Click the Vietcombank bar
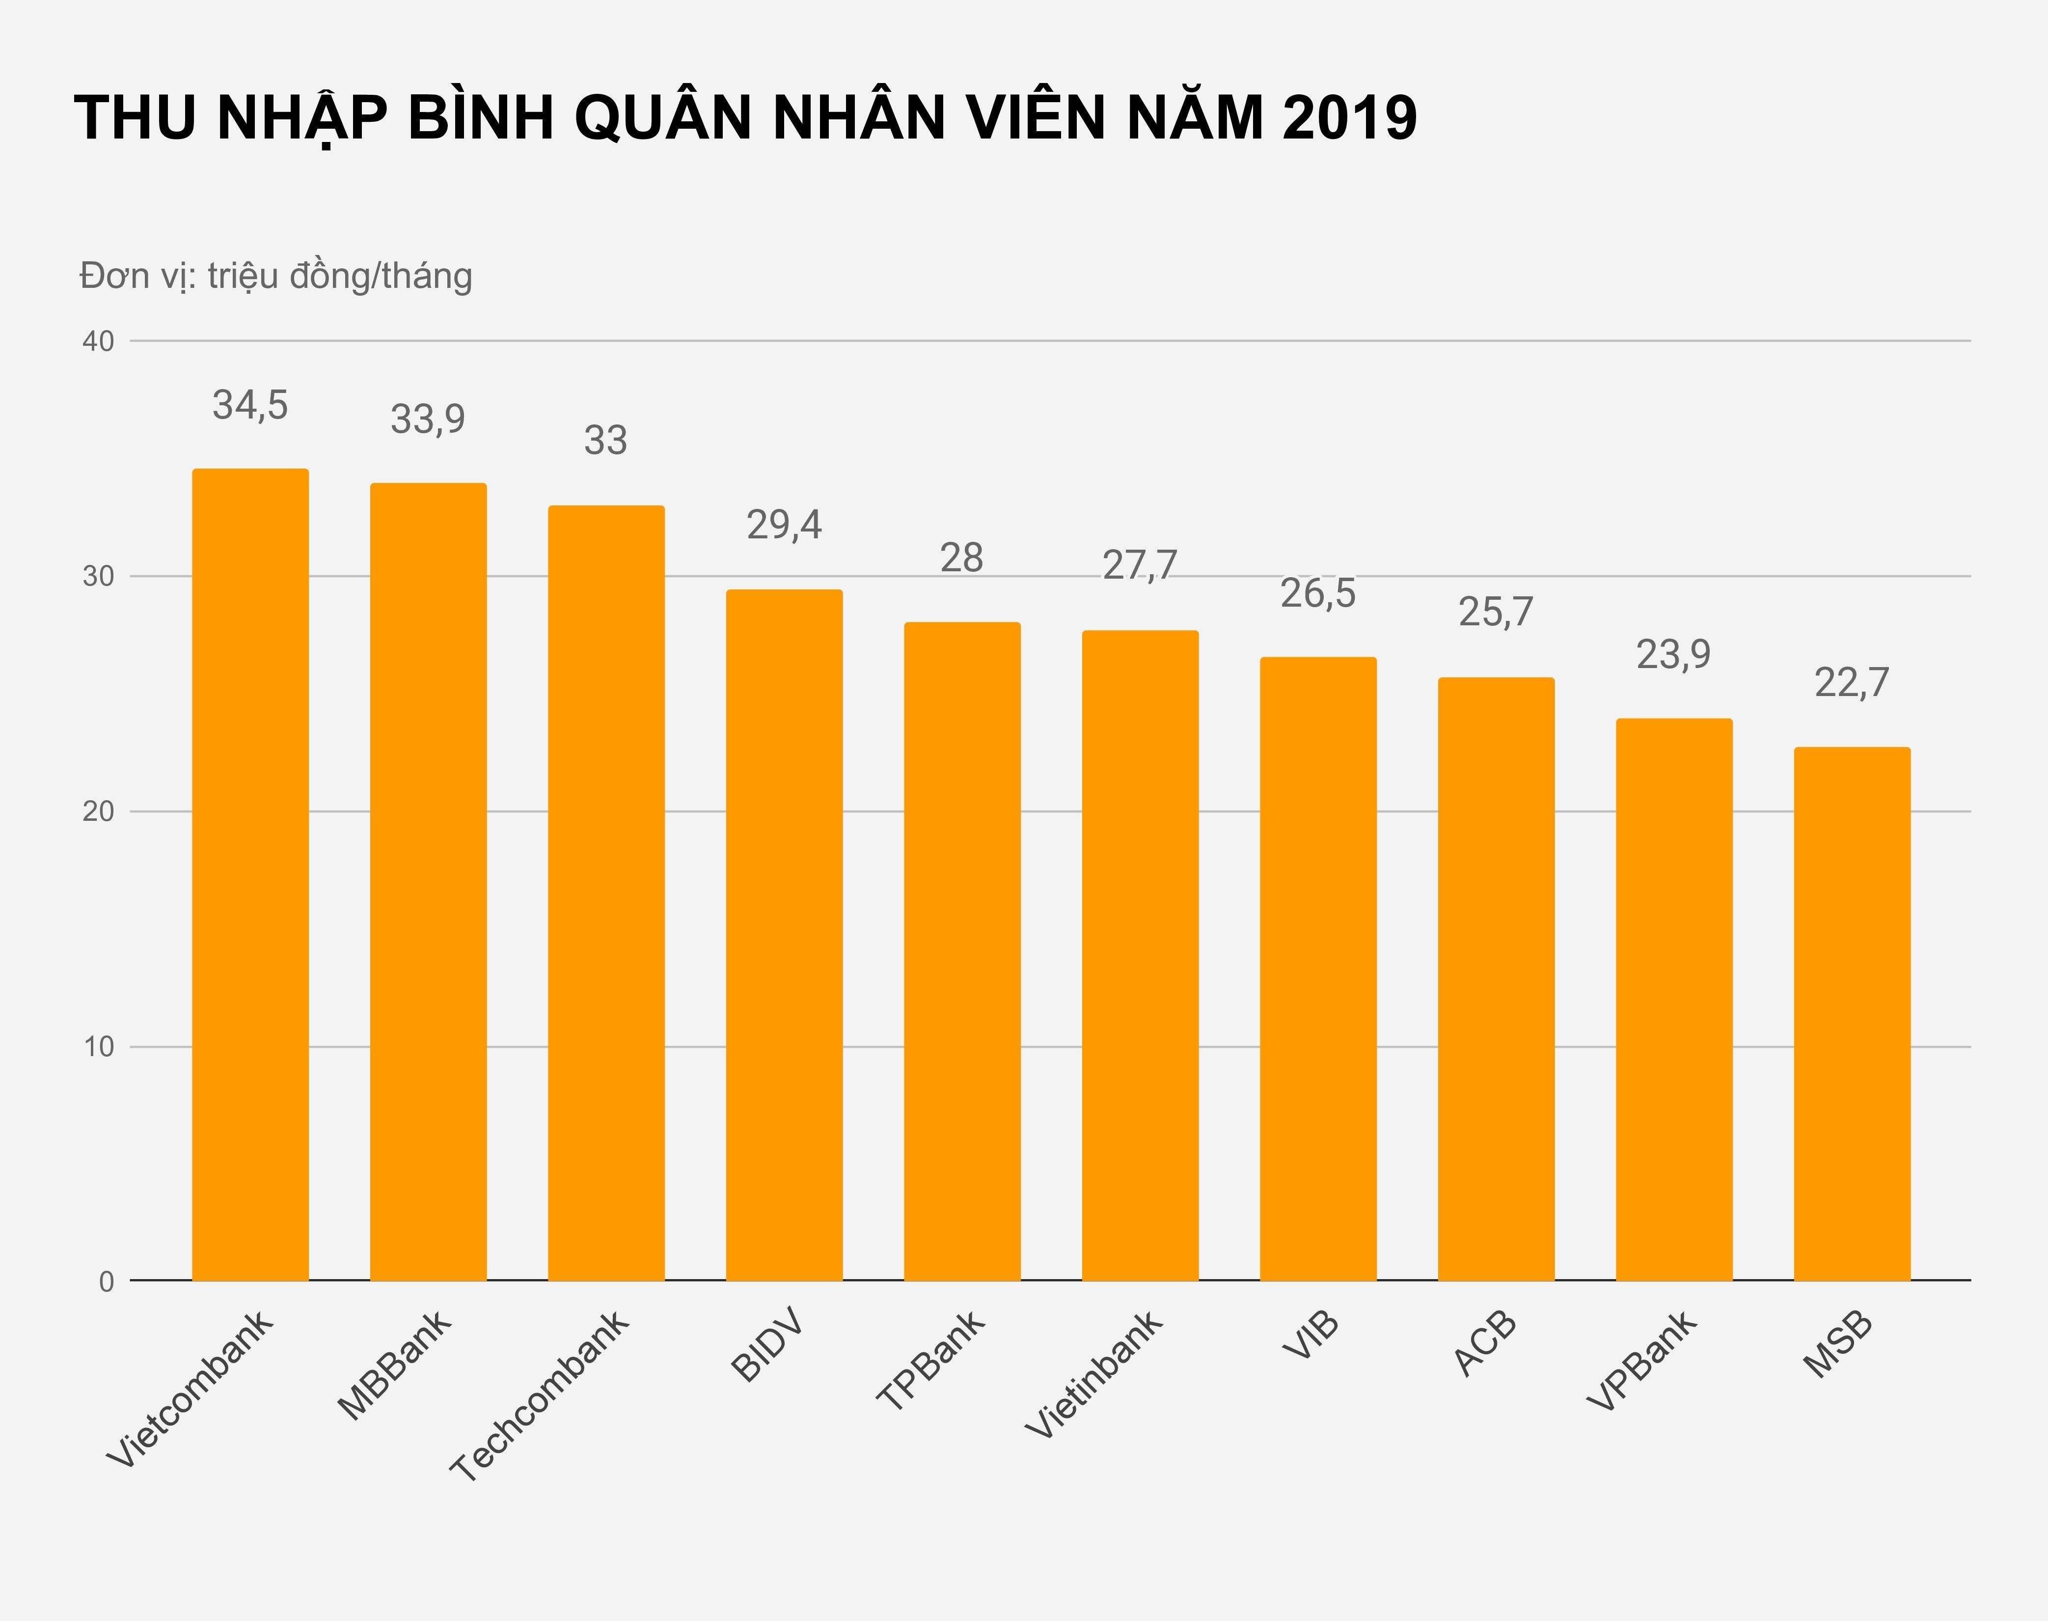coord(250,875)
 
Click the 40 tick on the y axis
coord(99,342)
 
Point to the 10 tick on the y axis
coord(99,1047)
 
